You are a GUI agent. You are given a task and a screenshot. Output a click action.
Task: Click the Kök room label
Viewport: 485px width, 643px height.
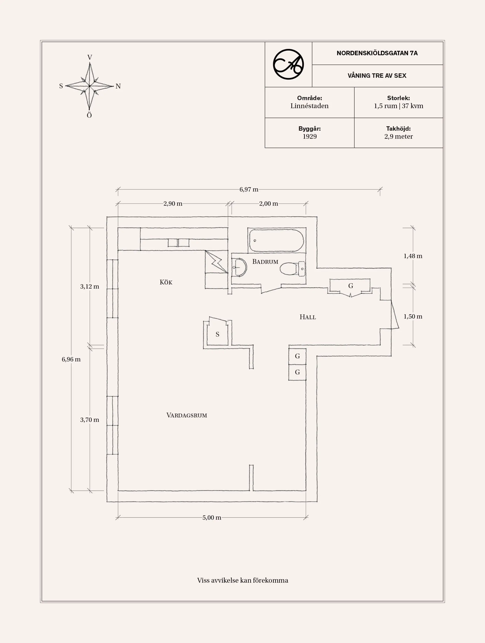pyautogui.click(x=166, y=282)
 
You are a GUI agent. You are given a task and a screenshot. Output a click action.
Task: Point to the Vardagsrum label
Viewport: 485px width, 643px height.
pyautogui.click(x=187, y=415)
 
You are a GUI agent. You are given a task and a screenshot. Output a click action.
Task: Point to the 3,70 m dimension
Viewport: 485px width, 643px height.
pyautogui.click(x=90, y=420)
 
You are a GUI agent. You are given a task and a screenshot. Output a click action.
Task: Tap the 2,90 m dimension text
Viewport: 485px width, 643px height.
pyautogui.click(x=173, y=203)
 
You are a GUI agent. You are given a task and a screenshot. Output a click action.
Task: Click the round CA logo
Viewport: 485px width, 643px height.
pyautogui.click(x=288, y=64)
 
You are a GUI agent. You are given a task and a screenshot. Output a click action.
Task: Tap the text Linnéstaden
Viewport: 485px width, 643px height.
pyautogui.click(x=309, y=106)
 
